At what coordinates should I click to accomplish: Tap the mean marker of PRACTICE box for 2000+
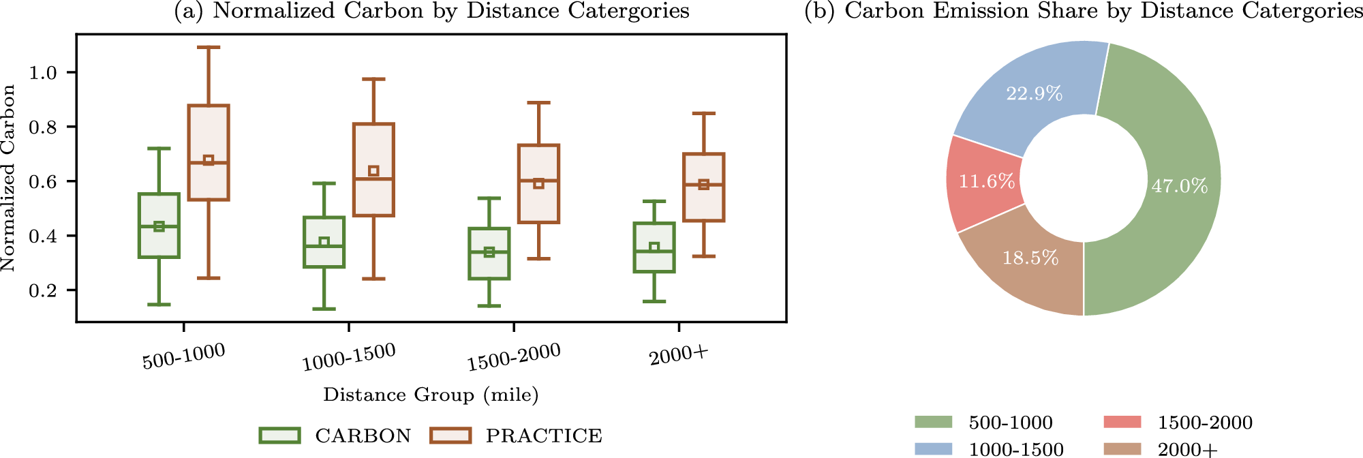pyautogui.click(x=704, y=185)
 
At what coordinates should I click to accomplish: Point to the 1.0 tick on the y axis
pyautogui.click(x=72, y=73)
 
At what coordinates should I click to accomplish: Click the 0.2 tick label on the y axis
pyautogui.click(x=42, y=291)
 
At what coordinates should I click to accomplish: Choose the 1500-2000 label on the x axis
pyautogui.click(x=514, y=357)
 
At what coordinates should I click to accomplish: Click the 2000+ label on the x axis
pyautogui.click(x=679, y=355)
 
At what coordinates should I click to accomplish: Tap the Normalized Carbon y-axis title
pyautogui.click(x=9, y=179)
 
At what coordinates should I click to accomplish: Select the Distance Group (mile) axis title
pyautogui.click(x=431, y=395)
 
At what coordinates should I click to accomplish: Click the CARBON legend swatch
pyautogui.click(x=279, y=436)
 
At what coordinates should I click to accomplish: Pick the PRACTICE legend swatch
pyautogui.click(x=450, y=436)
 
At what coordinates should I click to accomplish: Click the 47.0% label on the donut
pyautogui.click(x=1180, y=186)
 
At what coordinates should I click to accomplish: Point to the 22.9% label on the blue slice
pyautogui.click(x=1035, y=93)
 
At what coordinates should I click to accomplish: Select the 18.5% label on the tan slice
pyautogui.click(x=1030, y=258)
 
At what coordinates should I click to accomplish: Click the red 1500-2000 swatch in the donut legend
pyautogui.click(x=1122, y=423)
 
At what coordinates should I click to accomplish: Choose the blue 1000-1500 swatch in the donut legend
pyautogui.click(x=933, y=448)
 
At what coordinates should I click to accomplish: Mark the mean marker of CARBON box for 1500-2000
pyautogui.click(x=489, y=252)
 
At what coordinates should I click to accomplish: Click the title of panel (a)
pyautogui.click(x=432, y=11)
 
